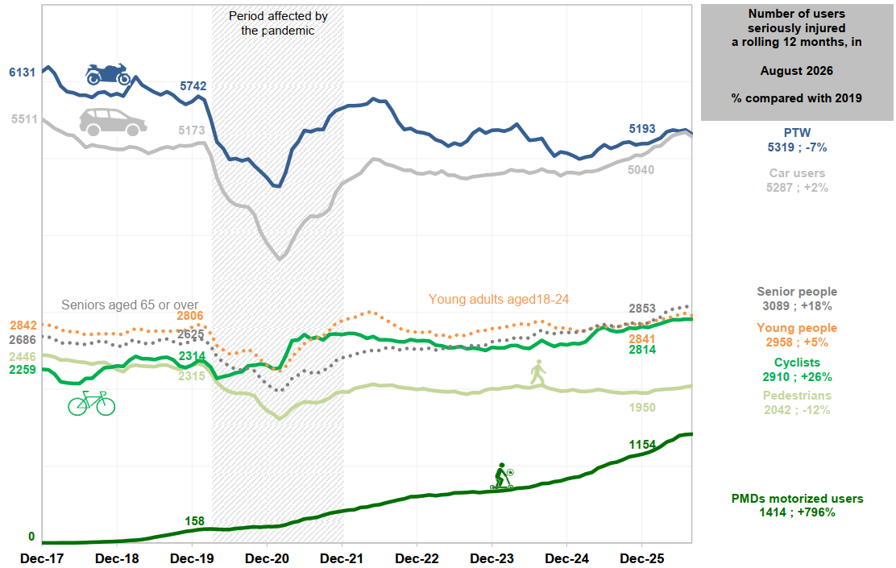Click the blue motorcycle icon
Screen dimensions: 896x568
[108, 73]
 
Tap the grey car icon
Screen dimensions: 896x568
[113, 122]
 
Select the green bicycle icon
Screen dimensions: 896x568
[91, 404]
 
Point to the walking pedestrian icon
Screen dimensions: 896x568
[537, 372]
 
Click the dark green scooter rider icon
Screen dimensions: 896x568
[502, 476]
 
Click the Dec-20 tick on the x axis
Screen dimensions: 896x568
[267, 558]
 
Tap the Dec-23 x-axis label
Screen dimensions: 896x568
[492, 558]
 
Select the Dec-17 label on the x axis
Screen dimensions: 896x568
[42, 558]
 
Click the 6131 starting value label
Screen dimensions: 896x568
[23, 72]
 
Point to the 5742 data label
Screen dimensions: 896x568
[193, 85]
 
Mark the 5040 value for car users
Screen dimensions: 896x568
[641, 170]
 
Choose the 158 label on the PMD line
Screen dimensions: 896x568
[194, 520]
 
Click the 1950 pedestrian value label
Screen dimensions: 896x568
[642, 408]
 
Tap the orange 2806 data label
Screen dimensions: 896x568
[189, 316]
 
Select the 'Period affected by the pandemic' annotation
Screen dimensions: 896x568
[278, 23]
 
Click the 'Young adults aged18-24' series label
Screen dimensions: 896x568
[499, 300]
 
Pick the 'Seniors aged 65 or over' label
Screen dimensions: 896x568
[130, 305]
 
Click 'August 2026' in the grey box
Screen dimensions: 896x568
[797, 71]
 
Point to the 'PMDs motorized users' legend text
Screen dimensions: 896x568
[797, 498]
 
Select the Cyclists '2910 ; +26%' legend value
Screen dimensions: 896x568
[797, 376]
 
